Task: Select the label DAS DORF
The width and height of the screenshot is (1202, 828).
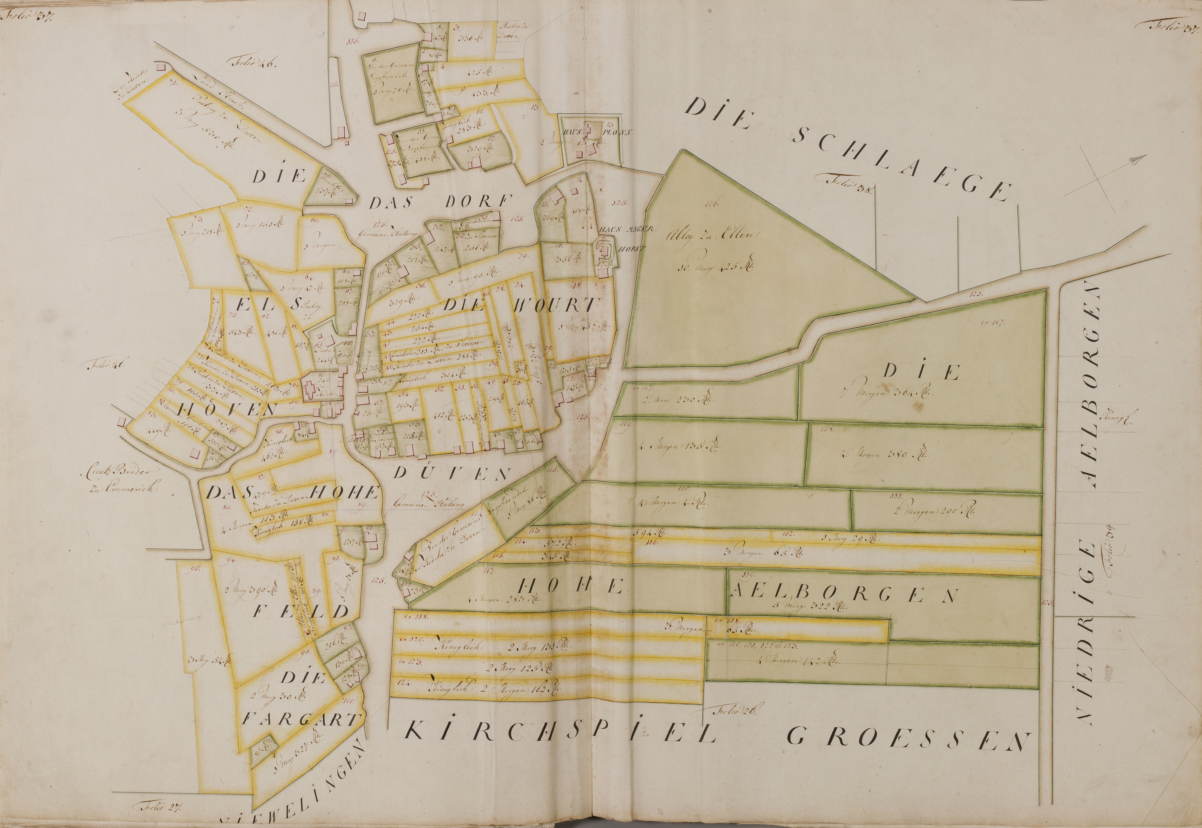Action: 441,201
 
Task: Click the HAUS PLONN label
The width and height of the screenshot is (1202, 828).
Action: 594,132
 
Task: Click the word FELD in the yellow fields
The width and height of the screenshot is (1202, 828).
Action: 301,611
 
